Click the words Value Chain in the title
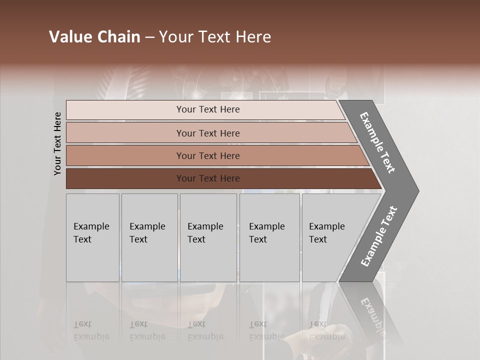pos(94,37)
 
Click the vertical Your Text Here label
pos(57,143)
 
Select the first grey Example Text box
pos(92,237)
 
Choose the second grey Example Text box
pos(149,237)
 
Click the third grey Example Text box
pos(208,237)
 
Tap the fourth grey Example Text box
pos(269,237)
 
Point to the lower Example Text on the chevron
pos(378,236)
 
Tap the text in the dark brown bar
pos(208,178)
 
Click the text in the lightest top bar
pos(208,109)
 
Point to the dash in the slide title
pos(149,37)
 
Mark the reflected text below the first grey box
pos(91,331)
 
